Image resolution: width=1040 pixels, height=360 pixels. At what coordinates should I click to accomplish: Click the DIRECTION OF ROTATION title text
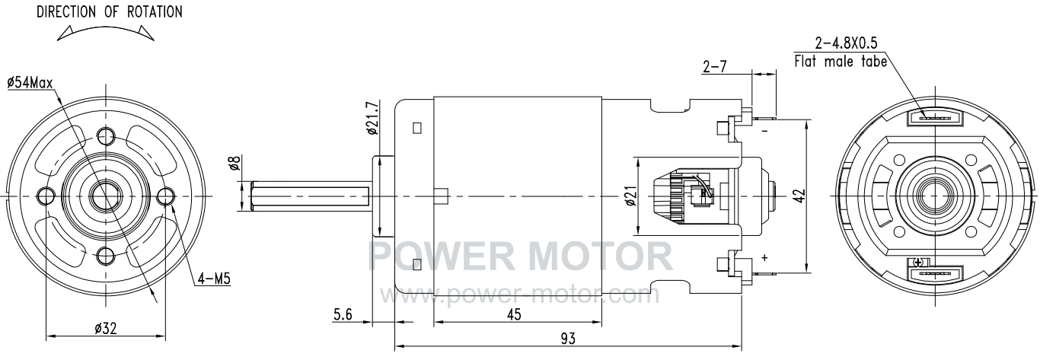pos(110,12)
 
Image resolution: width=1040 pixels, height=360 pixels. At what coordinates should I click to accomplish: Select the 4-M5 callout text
pos(214,279)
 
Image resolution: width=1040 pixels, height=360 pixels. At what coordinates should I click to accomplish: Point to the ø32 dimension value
pos(106,329)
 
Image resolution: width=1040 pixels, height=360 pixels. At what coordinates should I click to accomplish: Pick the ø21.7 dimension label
pos(373,118)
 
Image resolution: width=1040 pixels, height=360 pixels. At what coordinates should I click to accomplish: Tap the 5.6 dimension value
pos(343,315)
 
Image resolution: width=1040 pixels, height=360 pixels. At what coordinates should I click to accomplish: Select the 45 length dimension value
pos(513,314)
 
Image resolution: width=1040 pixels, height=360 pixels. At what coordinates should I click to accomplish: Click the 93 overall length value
pos(568,339)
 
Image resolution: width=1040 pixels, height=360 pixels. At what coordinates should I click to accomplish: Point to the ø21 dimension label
pos(630,196)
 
